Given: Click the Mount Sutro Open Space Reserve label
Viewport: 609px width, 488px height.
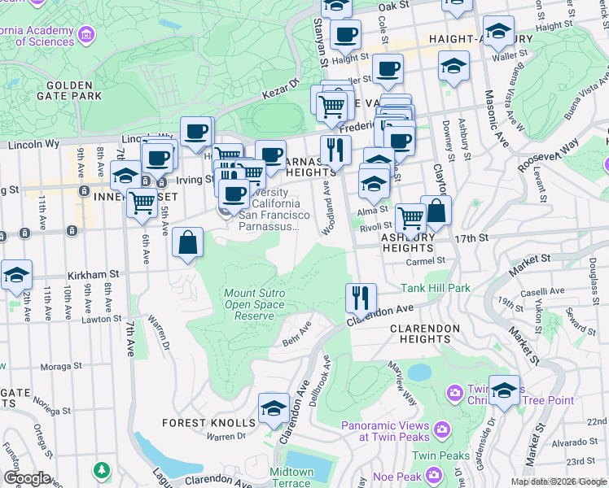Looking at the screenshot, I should click(254, 304).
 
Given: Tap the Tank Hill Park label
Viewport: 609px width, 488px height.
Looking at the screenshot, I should click(436, 288).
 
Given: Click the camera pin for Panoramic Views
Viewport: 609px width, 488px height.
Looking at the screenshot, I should click(441, 429).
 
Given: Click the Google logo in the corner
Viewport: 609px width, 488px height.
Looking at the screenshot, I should click(26, 478).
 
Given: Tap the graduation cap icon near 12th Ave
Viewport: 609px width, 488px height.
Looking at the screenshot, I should click(16, 276).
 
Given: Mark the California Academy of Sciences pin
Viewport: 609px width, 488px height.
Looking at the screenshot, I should click(85, 35).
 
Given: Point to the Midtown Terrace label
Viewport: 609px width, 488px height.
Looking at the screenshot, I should click(291, 477).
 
